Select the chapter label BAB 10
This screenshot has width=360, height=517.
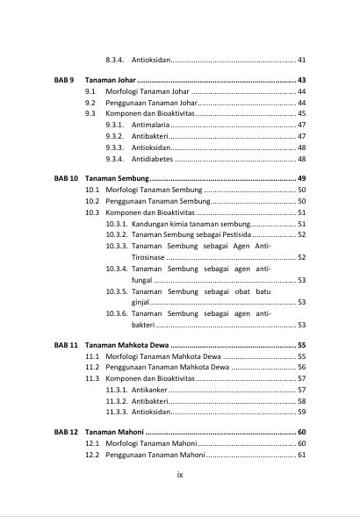pyautogui.click(x=67, y=178)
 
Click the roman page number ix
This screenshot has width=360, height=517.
pyautogui.click(x=179, y=475)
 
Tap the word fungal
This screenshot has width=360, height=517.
pyautogui.click(x=142, y=280)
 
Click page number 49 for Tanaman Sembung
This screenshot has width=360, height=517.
pyautogui.click(x=301, y=178)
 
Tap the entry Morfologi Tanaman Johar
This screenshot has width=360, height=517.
pyautogui.click(x=147, y=92)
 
